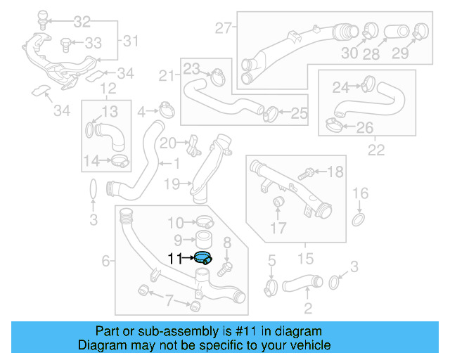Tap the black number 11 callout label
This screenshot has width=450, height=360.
click(175, 259)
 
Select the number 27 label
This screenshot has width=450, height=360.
click(223, 29)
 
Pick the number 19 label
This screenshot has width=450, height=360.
click(172, 184)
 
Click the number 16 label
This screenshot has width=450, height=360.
click(359, 193)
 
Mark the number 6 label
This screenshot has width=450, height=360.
click(106, 261)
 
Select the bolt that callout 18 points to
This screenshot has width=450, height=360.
click(307, 172)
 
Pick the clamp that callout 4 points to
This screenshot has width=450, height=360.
click(167, 110)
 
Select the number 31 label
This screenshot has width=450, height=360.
click(131, 41)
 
